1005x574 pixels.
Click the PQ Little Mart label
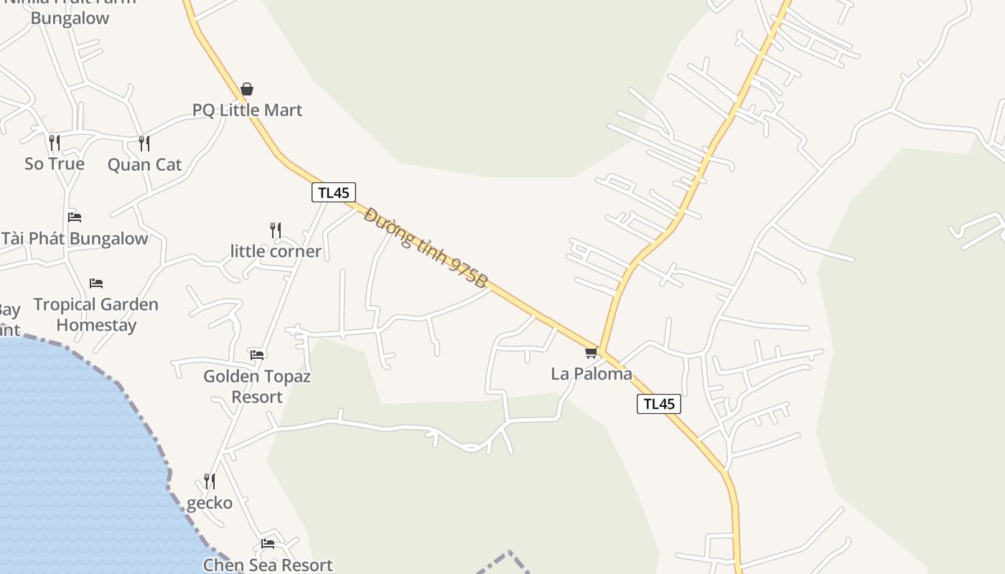(x=247, y=110)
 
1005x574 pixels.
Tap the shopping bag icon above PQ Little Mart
(x=247, y=89)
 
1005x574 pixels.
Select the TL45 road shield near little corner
(x=334, y=192)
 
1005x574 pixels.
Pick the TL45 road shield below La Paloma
(x=658, y=404)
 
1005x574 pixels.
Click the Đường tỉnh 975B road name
(x=425, y=248)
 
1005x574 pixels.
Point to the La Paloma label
(x=592, y=374)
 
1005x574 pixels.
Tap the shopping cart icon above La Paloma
(x=591, y=352)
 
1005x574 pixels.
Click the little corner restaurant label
(x=276, y=251)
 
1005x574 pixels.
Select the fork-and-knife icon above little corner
(x=276, y=230)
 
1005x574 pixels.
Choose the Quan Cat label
(x=144, y=164)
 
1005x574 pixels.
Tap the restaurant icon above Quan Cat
(x=144, y=143)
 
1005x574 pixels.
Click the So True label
(x=55, y=164)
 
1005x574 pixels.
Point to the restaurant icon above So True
(x=55, y=142)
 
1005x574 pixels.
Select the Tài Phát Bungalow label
(x=75, y=238)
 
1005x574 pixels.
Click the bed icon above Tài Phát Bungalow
(x=75, y=217)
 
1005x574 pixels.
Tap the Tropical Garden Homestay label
(x=95, y=314)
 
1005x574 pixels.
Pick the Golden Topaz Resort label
(x=257, y=386)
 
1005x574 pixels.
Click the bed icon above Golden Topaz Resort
(x=257, y=354)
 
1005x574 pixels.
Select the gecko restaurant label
(x=210, y=503)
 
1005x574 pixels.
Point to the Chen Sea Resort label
(x=268, y=565)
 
